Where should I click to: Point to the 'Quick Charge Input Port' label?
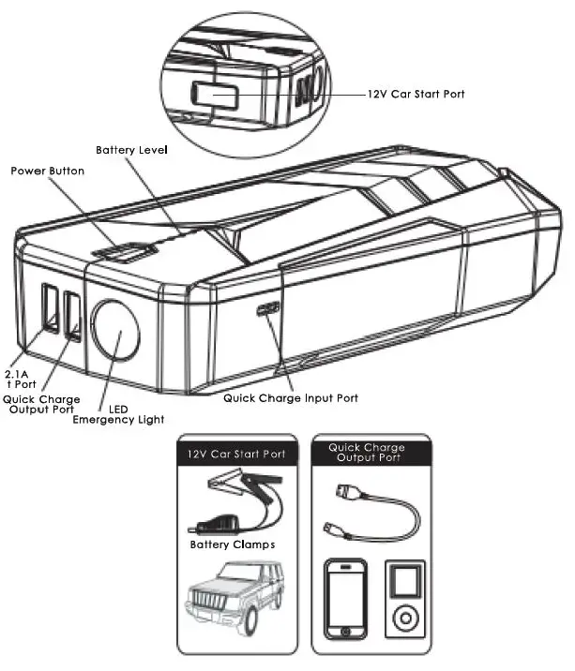point(290,398)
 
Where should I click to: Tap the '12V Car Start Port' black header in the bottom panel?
point(236,455)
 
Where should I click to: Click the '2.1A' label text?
point(17,374)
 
